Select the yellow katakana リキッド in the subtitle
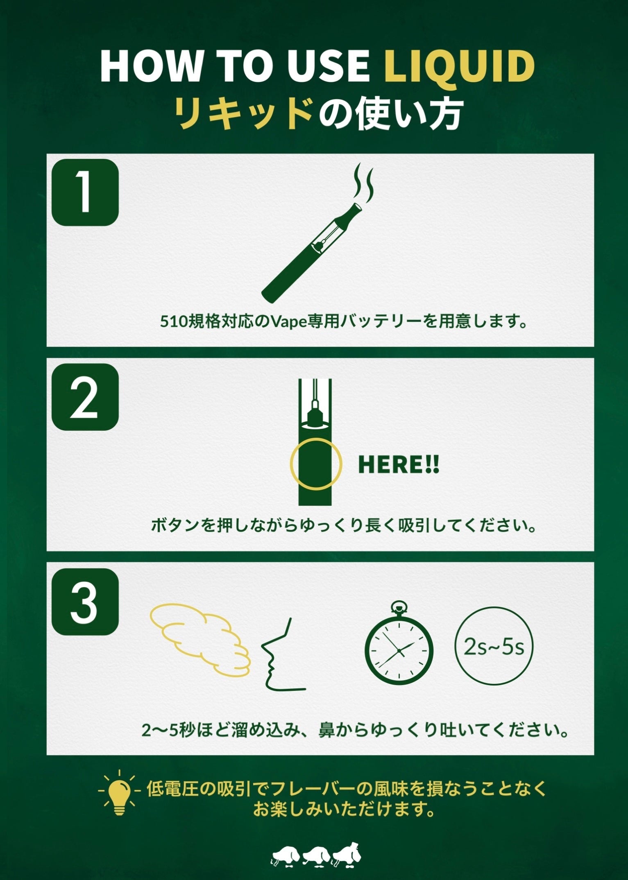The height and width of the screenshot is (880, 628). click(242, 113)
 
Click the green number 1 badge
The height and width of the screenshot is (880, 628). click(85, 192)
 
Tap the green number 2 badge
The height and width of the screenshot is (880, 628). click(85, 397)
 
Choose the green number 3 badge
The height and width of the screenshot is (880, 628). click(85, 602)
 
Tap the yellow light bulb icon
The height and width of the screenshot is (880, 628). click(120, 794)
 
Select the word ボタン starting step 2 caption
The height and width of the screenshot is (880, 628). click(176, 525)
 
